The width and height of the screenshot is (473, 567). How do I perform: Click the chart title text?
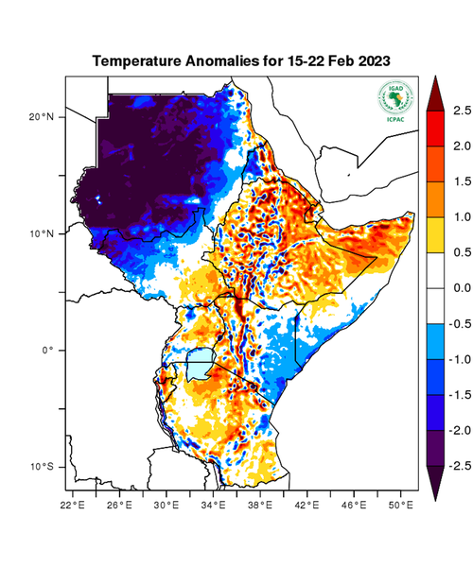pos(241,60)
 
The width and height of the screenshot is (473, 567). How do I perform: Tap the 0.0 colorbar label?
pos(461,288)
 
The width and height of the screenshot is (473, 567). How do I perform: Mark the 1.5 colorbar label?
pos(461,181)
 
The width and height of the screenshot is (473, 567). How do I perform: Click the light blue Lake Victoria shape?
pos(199,364)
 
